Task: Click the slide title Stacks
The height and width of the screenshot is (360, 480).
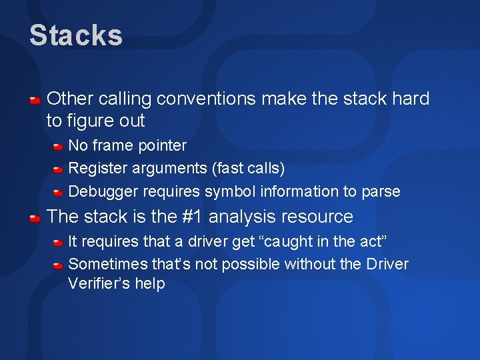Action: (x=76, y=35)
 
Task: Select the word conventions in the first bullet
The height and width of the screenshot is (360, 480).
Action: (x=210, y=99)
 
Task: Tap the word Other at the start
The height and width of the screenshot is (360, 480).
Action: (x=70, y=99)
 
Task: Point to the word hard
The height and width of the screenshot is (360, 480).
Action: (x=411, y=99)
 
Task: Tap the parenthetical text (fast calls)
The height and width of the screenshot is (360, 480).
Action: (x=247, y=168)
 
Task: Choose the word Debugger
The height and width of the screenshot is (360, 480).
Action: (x=101, y=191)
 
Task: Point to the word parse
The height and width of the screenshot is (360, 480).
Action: (x=381, y=191)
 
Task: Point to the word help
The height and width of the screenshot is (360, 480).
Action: (x=149, y=284)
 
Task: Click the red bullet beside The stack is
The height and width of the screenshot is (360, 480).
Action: (x=36, y=218)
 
